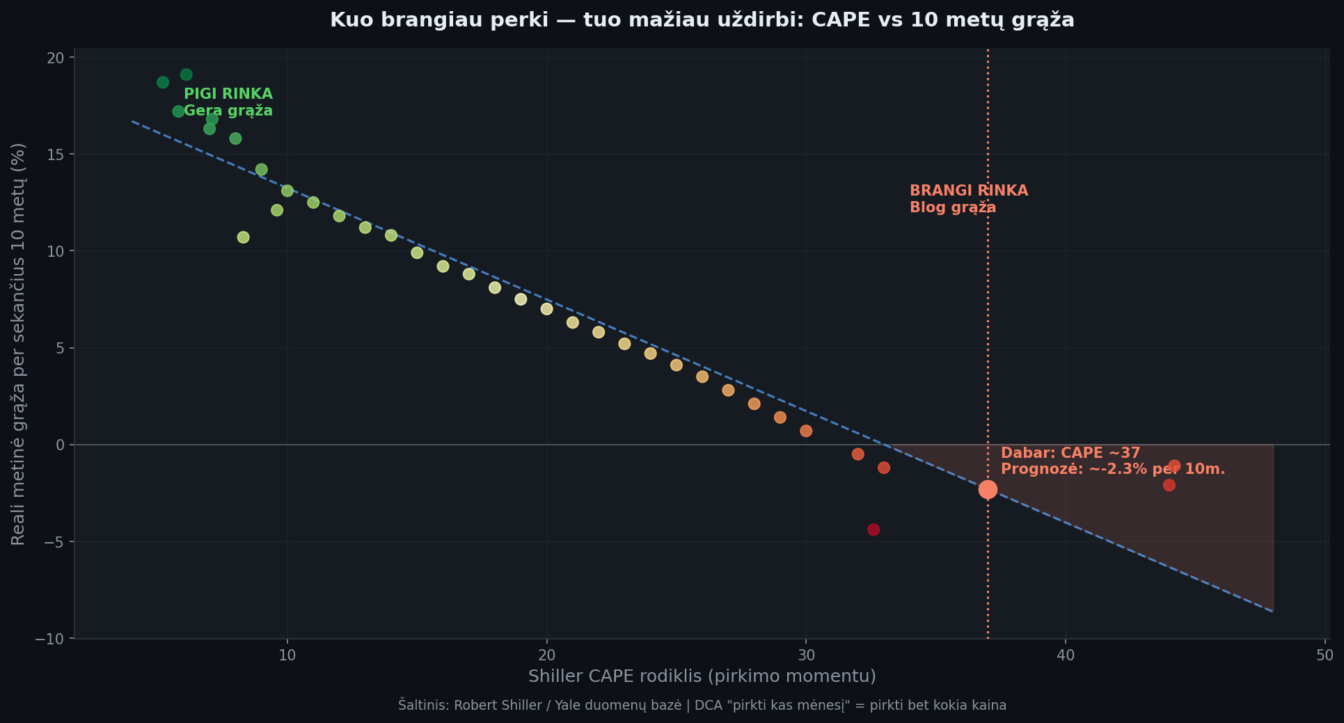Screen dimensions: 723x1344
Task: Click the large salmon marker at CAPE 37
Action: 988,489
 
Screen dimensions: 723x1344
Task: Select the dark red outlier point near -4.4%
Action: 873,530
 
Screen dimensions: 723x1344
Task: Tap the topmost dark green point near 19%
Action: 186,74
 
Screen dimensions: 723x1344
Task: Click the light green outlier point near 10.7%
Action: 243,237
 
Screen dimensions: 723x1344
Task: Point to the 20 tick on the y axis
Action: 56,58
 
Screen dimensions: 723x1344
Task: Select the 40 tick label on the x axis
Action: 1066,656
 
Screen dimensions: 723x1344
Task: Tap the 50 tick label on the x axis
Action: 1325,656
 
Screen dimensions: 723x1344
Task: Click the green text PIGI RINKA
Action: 228,94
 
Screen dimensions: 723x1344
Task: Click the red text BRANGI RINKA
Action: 968,191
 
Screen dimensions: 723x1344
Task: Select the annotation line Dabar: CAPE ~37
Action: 1070,453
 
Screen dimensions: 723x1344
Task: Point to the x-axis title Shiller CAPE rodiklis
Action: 702,676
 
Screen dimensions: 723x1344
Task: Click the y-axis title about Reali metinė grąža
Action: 18,344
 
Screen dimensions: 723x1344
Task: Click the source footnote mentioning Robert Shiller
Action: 702,705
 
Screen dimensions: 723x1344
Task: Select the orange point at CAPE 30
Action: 806,431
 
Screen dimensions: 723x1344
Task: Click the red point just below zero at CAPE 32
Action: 857,454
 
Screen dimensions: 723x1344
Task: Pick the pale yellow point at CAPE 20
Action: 546,309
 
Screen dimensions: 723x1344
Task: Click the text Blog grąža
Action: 952,207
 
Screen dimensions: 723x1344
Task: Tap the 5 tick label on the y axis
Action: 60,348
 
